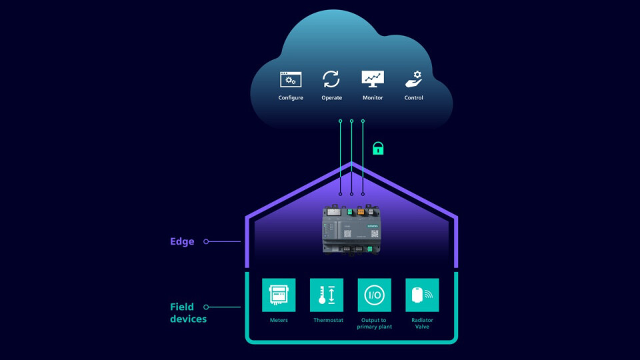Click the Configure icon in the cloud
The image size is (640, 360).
[x=291, y=79]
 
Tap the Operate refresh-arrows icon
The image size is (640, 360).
[x=331, y=79]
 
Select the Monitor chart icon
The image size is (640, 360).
[x=373, y=79]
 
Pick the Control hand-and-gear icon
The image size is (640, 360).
[x=413, y=79]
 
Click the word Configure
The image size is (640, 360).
[x=291, y=98]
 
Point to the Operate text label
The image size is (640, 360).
[x=331, y=98]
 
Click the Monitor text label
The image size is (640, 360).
[x=373, y=98]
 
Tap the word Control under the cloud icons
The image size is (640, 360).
[x=413, y=98]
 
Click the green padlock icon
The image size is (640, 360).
[x=378, y=148]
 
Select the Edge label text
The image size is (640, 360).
[x=182, y=241]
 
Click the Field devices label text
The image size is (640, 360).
[x=187, y=313]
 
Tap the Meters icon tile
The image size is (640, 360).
[x=279, y=295]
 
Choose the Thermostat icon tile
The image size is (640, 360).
[x=327, y=295]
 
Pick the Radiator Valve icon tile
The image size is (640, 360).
[x=423, y=295]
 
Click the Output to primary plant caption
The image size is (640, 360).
[x=375, y=323]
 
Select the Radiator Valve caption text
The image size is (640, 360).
[x=423, y=323]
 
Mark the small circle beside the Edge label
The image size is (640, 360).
[x=206, y=241]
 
